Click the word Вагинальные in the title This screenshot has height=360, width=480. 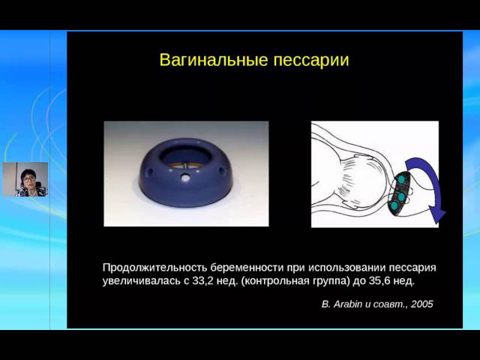pos(213,60)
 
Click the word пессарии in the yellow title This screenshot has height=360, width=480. pos(311,61)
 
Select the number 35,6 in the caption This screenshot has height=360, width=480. pos(379,281)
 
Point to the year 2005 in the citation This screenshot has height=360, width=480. pos(422,304)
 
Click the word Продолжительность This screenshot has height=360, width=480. pos(155,268)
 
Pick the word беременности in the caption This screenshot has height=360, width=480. pos(247,268)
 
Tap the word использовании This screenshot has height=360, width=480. pos(346,268)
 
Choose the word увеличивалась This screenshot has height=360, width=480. pos(142,282)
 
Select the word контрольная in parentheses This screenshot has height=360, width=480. pos(275,282)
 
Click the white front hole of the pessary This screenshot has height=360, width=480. pos(185,178)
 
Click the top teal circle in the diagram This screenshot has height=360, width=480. pos(400,180)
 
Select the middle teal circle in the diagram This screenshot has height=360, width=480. pos(400,196)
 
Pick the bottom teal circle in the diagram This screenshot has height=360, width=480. pos(394,205)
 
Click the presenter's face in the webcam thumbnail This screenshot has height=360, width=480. pos(28,179)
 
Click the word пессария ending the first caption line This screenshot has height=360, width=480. pos(412,268)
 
